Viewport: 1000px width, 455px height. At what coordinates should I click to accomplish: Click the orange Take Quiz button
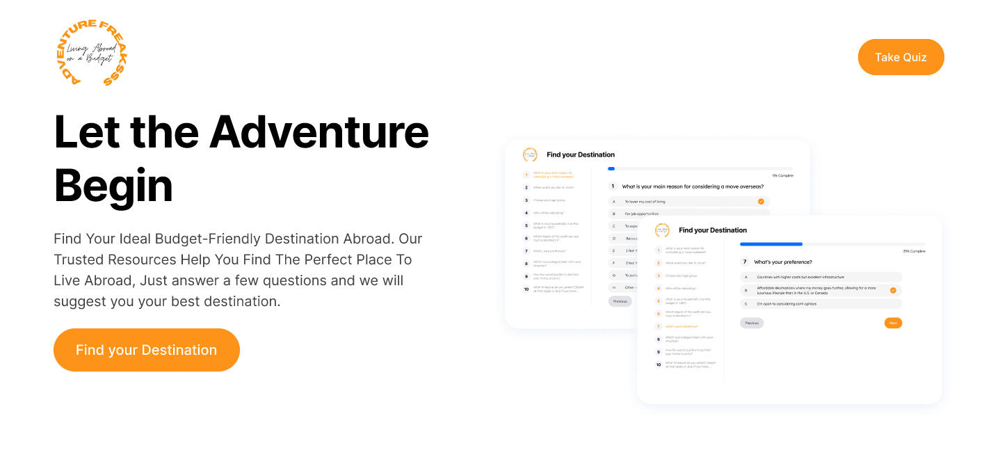click(901, 57)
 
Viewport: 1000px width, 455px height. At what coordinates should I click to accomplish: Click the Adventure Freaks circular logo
click(92, 53)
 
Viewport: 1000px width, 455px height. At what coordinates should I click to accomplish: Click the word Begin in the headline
click(113, 186)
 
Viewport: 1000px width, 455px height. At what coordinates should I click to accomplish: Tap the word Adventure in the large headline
click(319, 131)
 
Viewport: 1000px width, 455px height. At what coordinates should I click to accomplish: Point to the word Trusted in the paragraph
click(79, 260)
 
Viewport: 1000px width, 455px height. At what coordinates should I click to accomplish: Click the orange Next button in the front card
click(893, 323)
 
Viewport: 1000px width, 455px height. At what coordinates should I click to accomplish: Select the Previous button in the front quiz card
click(752, 323)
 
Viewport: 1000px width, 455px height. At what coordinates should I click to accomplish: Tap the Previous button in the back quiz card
click(620, 301)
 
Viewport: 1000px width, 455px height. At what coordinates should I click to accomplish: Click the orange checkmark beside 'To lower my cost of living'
click(761, 201)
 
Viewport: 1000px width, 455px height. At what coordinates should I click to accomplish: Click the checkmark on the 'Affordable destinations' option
click(893, 290)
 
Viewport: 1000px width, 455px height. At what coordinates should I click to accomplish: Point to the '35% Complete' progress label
click(914, 251)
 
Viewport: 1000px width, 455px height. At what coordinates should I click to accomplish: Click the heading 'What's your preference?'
click(782, 262)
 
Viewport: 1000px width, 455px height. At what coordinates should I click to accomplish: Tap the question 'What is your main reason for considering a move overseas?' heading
click(693, 186)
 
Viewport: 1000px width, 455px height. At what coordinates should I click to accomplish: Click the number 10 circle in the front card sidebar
click(659, 364)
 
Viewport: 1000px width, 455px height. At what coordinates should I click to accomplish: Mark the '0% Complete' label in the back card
click(782, 175)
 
